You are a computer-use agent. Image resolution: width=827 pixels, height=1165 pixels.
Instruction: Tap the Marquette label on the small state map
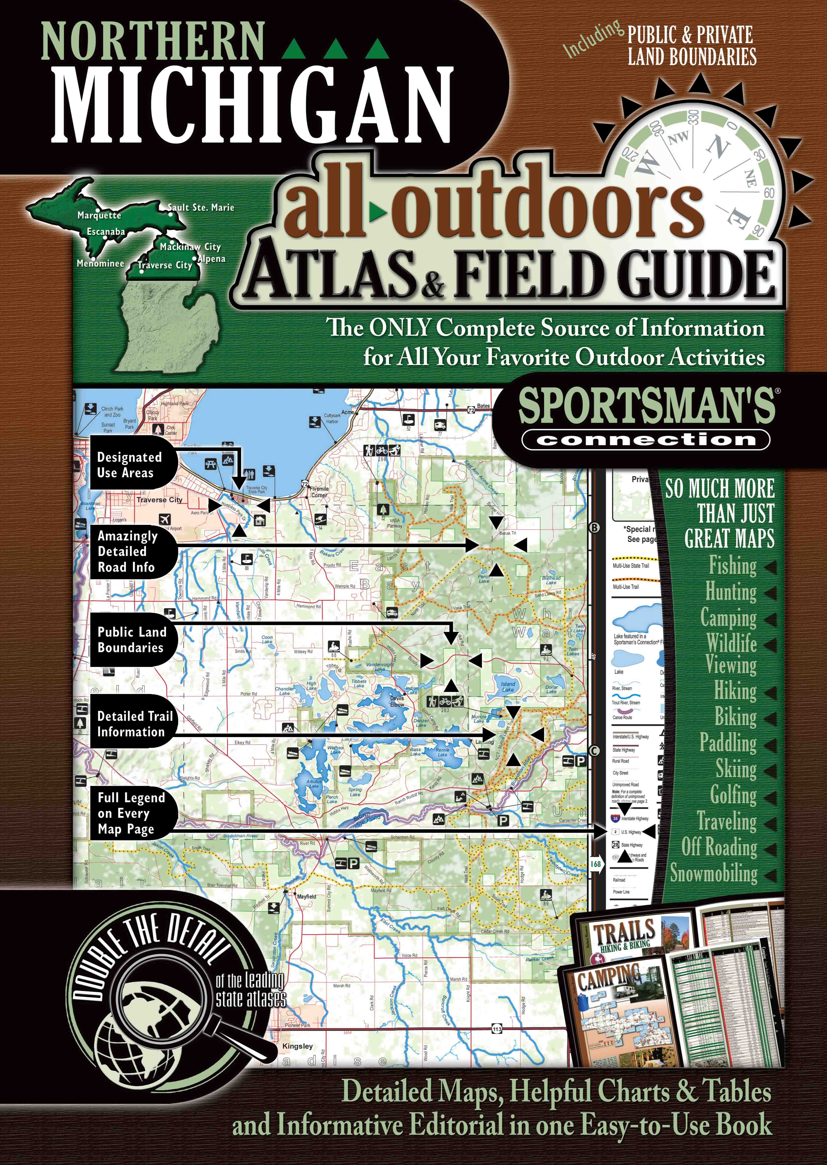(x=99, y=215)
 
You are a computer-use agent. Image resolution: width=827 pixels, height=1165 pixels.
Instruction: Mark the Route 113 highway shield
(x=497, y=1029)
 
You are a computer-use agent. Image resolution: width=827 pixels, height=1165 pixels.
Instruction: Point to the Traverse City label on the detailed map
(x=159, y=500)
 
